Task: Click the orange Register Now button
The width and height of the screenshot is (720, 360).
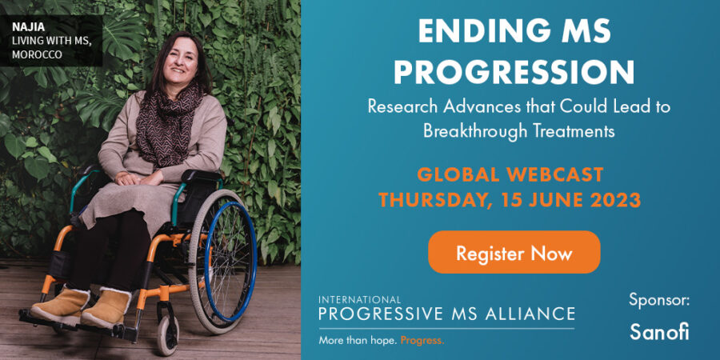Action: (514, 253)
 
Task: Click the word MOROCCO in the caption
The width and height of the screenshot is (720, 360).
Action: (37, 55)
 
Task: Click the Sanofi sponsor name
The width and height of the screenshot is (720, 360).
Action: (658, 331)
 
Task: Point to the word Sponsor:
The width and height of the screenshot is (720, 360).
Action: (658, 301)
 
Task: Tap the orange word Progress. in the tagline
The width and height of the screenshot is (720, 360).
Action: (422, 340)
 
